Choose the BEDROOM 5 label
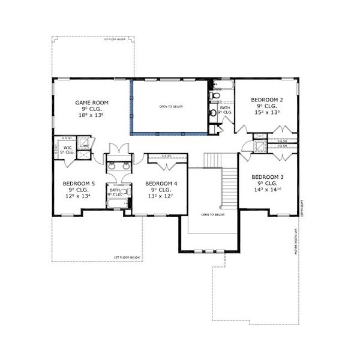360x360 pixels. [79, 183]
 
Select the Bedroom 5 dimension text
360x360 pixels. [79, 196]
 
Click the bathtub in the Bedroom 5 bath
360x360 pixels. [115, 203]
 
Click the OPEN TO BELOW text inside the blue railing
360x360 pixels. [171, 107]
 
